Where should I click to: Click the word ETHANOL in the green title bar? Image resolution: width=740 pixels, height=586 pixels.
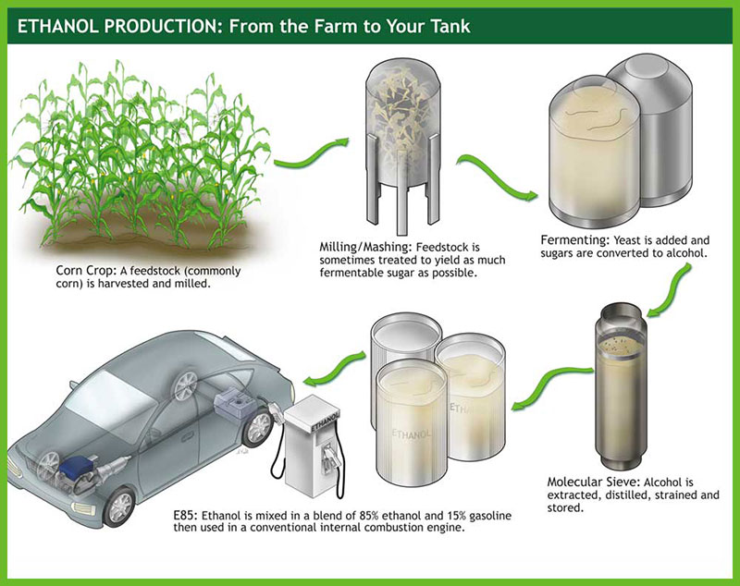[59, 27]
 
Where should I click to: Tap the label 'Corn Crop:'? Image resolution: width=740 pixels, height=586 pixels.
[86, 271]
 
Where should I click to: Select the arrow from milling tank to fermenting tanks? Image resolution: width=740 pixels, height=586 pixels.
[497, 177]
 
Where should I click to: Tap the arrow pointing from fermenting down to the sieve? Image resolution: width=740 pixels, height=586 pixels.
[670, 291]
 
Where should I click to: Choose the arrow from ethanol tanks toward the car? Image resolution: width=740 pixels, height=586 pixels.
[333, 368]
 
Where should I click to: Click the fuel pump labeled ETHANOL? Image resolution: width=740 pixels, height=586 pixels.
[313, 446]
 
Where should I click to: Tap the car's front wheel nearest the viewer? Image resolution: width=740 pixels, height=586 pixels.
[118, 507]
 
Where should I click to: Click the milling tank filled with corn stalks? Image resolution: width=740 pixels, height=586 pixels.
[403, 146]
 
